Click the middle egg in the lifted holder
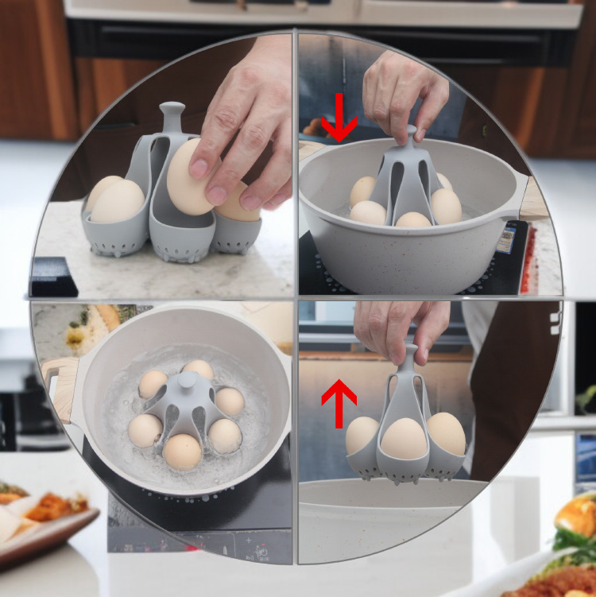(x=405, y=439)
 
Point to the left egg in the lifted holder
(x=362, y=435)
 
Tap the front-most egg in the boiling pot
(x=183, y=451)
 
